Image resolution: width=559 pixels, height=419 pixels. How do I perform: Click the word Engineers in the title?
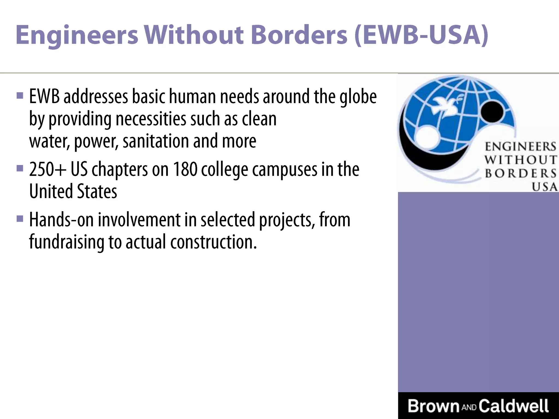tap(77, 35)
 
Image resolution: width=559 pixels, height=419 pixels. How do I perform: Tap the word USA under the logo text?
tap(544, 187)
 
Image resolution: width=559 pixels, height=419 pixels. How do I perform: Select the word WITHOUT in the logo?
tap(521, 160)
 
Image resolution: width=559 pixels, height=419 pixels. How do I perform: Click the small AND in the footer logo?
tap(469, 408)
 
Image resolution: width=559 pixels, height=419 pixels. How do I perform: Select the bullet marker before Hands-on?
tap(20, 219)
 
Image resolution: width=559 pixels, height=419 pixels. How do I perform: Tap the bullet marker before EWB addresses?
tap(20, 96)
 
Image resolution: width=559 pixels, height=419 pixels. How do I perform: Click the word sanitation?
tap(156, 141)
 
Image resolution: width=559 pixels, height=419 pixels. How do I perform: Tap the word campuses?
tap(285, 170)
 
